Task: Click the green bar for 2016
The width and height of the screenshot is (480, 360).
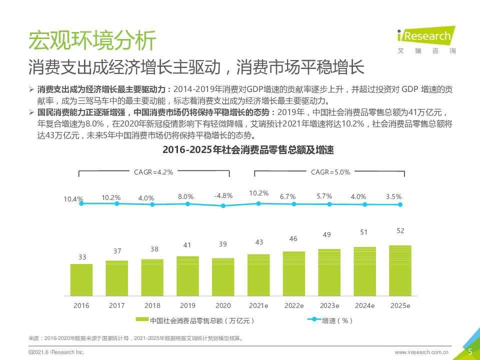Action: [81, 279]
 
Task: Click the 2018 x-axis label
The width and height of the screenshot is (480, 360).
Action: [152, 305]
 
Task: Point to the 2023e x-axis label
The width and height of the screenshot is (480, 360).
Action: [329, 305]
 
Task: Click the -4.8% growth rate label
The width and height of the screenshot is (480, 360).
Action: [223, 195]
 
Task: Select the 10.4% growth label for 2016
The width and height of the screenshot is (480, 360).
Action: [73, 199]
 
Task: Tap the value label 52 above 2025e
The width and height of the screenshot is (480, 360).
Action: [400, 230]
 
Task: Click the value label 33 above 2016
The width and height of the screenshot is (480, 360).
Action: [82, 257]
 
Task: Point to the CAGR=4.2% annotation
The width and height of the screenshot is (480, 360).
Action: [153, 172]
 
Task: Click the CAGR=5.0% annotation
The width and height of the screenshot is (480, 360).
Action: [330, 172]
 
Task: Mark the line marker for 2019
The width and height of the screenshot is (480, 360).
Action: [188, 203]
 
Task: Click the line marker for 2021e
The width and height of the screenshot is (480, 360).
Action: [258, 203]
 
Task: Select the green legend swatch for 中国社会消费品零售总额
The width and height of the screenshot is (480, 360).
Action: [142, 320]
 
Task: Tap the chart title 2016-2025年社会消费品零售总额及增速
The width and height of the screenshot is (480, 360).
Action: [248, 150]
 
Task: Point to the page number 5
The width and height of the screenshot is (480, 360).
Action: [470, 351]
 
